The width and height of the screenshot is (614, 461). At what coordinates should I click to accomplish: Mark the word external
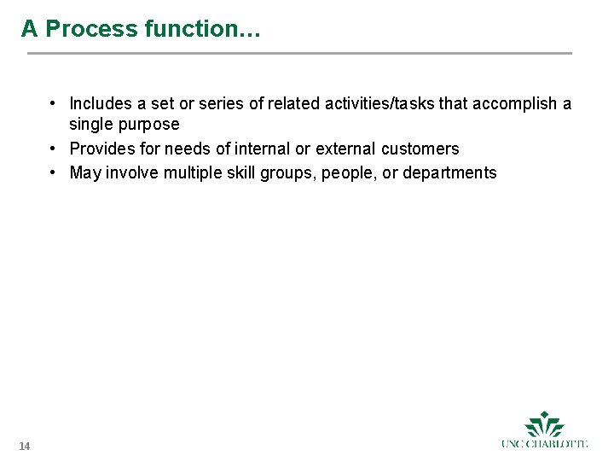click(x=345, y=149)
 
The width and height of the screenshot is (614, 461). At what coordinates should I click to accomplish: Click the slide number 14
click(x=24, y=446)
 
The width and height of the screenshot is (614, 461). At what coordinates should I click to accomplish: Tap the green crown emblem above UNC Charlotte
click(x=544, y=423)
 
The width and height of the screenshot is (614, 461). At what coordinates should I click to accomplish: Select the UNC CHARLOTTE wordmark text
click(x=544, y=444)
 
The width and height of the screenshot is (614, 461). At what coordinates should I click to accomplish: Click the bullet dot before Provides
click(x=53, y=149)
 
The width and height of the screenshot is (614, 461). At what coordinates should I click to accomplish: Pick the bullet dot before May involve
click(x=53, y=172)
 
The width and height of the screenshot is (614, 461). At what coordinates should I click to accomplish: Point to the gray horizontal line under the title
click(x=298, y=54)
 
